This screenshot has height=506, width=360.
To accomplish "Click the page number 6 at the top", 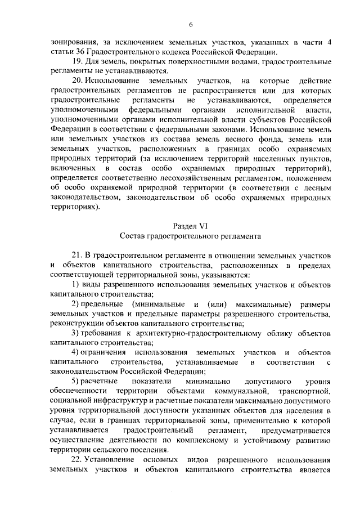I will pyautogui.click(x=191, y=24).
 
